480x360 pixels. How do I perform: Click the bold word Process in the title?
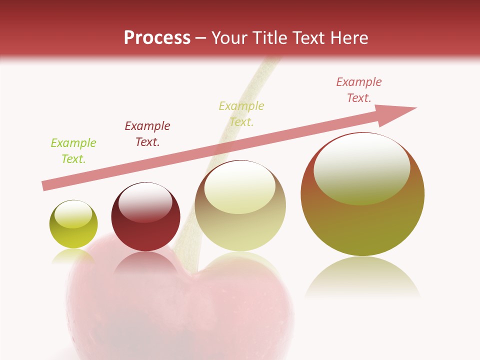click(157, 38)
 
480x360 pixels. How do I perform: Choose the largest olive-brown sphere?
click(362, 220)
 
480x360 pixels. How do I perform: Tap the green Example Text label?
click(73, 151)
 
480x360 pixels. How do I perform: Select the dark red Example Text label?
click(147, 134)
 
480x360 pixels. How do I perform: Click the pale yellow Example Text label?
click(241, 114)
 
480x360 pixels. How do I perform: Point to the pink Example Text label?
click(359, 90)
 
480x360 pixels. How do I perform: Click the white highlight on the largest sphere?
click(362, 167)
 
